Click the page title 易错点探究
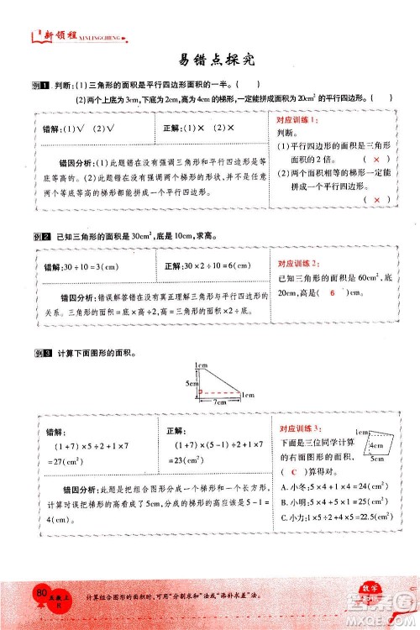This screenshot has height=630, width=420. [x=210, y=61]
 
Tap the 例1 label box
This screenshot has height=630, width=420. [x=35, y=83]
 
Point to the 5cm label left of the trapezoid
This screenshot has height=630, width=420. [x=190, y=381]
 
